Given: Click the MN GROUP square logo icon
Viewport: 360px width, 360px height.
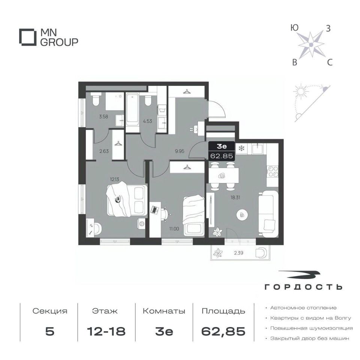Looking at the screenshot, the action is (28, 37).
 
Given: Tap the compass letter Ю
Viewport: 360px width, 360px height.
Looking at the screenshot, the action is (294, 28).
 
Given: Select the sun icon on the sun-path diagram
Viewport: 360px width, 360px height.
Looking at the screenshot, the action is (299, 91).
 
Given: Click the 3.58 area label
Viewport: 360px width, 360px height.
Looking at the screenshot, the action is (103, 117).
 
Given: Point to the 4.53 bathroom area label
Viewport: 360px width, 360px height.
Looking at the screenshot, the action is (147, 121).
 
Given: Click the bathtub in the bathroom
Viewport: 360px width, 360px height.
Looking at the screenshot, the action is (132, 109).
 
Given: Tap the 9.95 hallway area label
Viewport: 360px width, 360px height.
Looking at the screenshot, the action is (179, 151).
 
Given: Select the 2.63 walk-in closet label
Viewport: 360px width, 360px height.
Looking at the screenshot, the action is (104, 151).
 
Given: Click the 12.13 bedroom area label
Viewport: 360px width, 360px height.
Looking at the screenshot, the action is (114, 179).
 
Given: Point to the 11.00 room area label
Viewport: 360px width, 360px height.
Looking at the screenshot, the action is (174, 229).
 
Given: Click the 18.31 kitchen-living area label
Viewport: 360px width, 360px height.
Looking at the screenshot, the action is (235, 197).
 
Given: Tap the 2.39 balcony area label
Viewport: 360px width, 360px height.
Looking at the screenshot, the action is (238, 253).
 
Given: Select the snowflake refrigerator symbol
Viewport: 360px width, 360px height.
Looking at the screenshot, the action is (241, 148).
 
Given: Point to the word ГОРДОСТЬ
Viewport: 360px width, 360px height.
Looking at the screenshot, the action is (303, 287).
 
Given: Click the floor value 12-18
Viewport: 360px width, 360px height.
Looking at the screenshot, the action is (106, 331).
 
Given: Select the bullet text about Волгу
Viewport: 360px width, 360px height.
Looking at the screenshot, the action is (310, 318).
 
